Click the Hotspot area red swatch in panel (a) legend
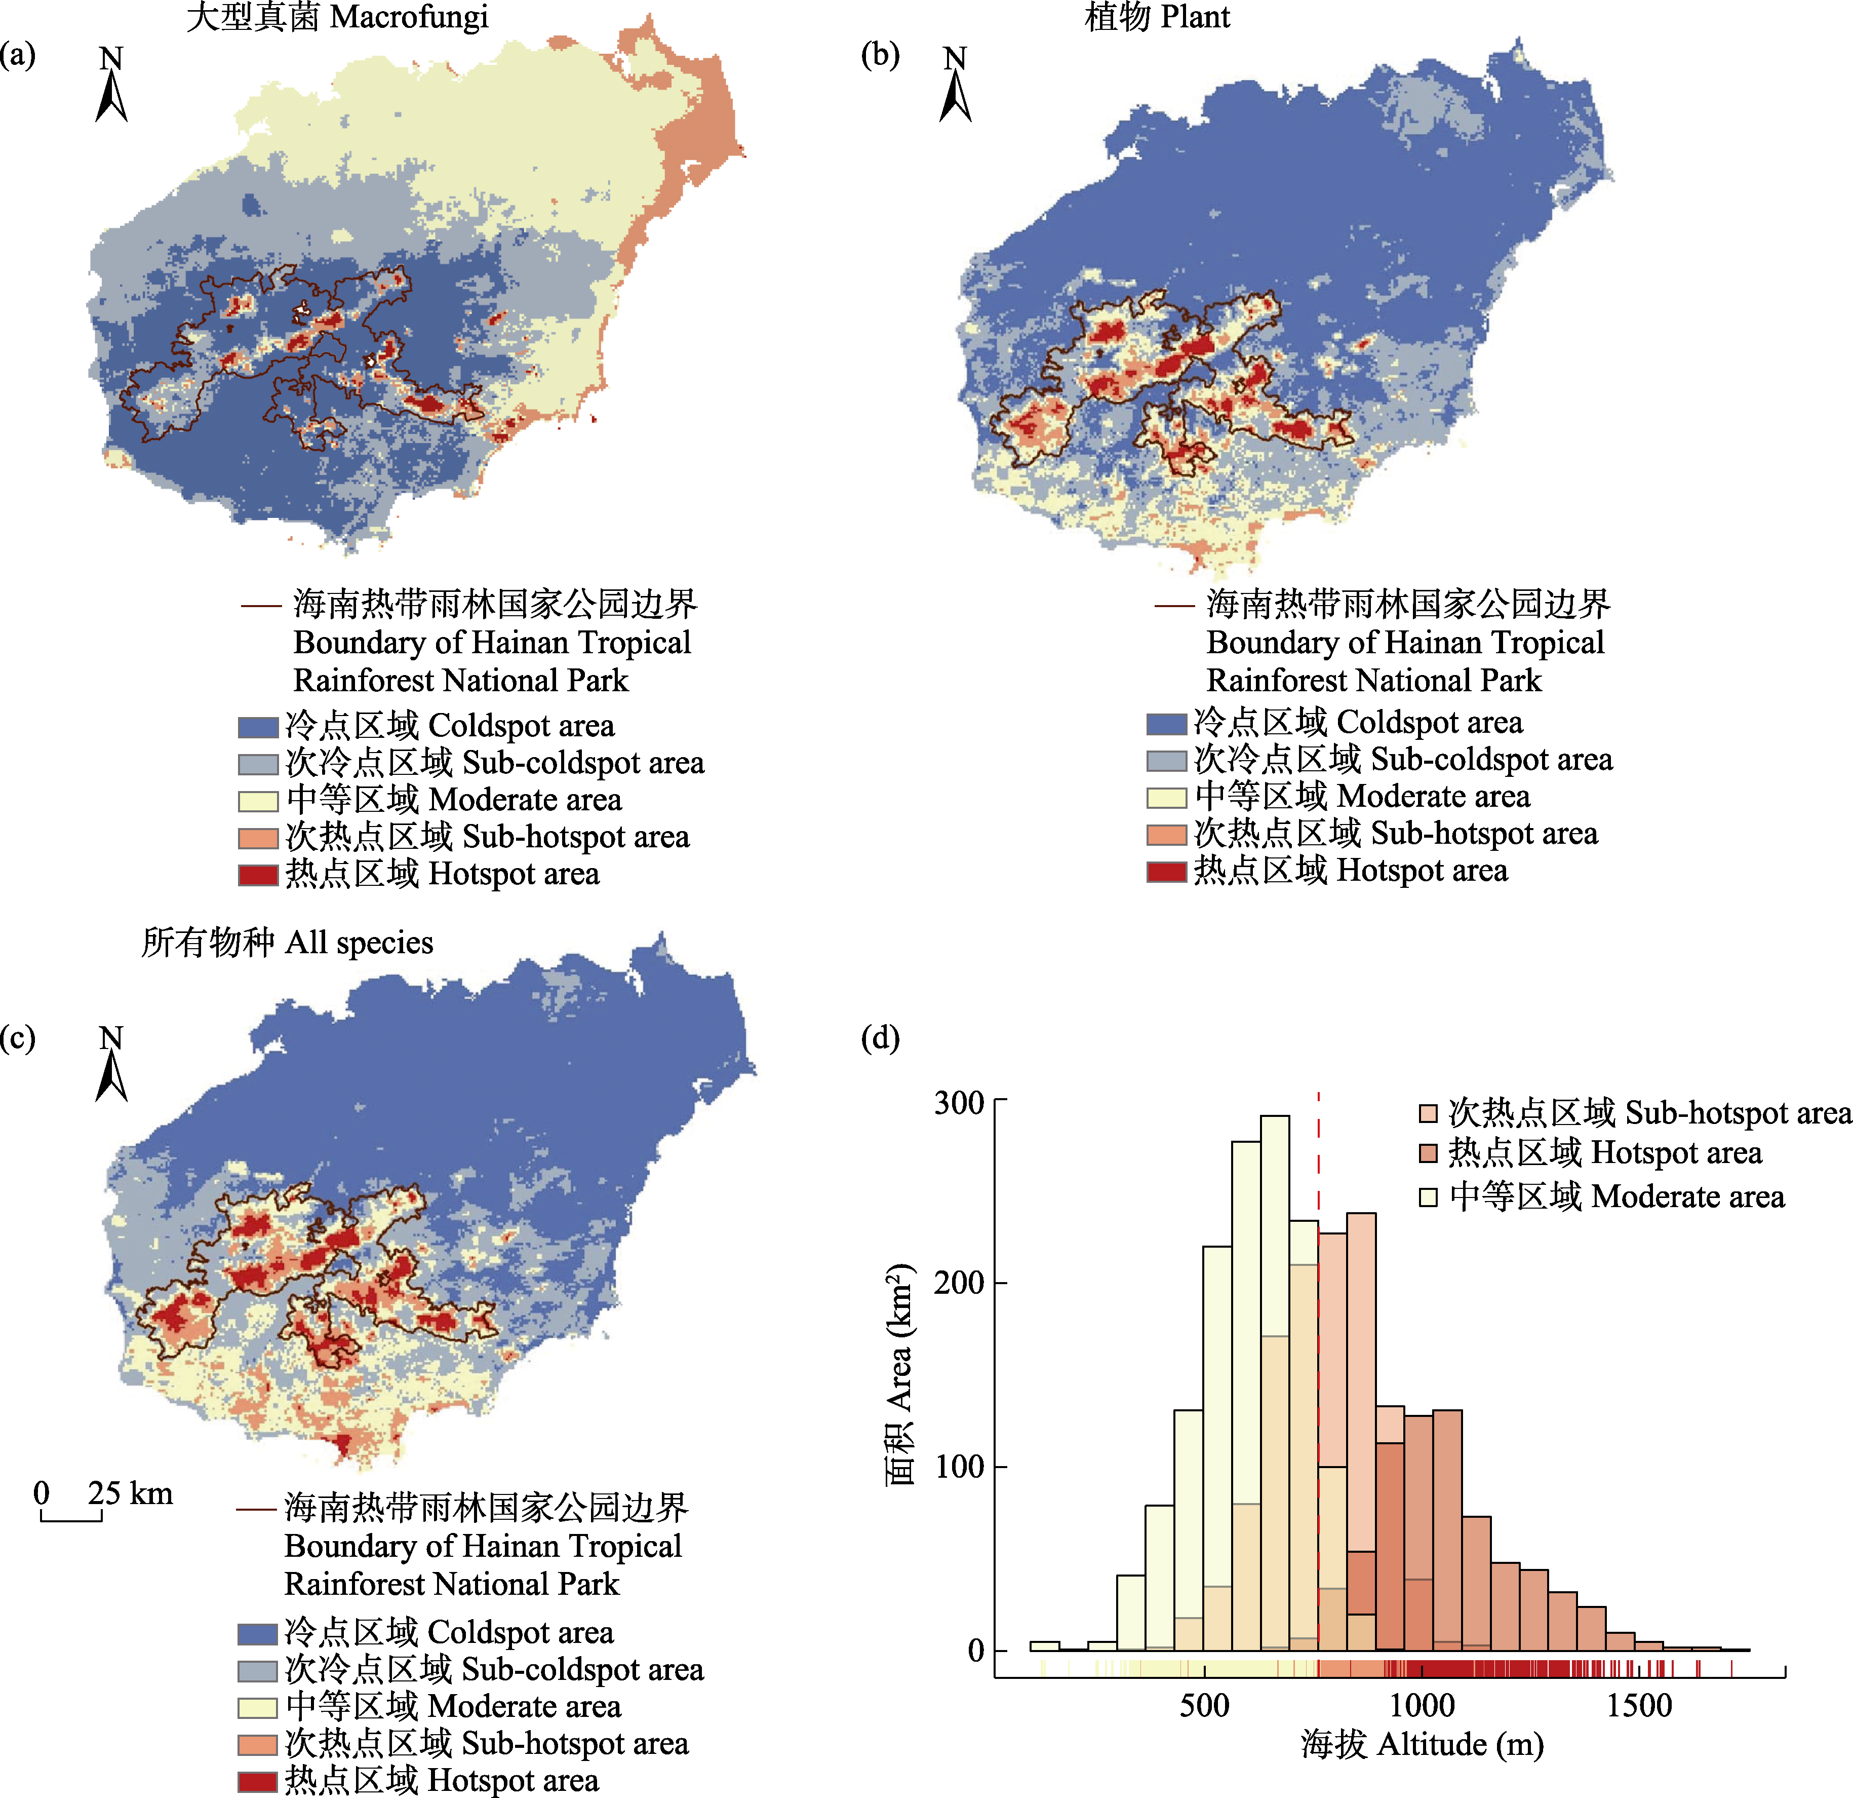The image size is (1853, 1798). pyautogui.click(x=257, y=875)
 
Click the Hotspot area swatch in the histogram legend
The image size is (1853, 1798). pyautogui.click(x=1428, y=1153)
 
